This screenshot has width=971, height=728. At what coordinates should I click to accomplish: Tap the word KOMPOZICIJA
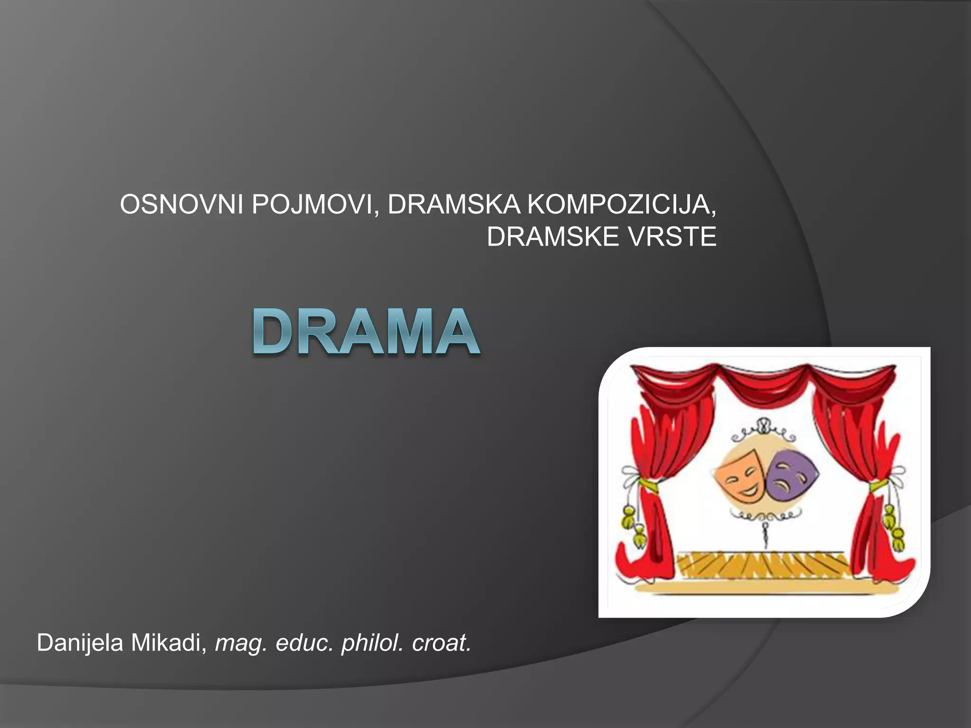621,205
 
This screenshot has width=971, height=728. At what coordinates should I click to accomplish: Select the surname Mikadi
168,643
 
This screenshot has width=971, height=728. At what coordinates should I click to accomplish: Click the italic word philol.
372,643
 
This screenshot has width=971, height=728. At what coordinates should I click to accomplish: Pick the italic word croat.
441,643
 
